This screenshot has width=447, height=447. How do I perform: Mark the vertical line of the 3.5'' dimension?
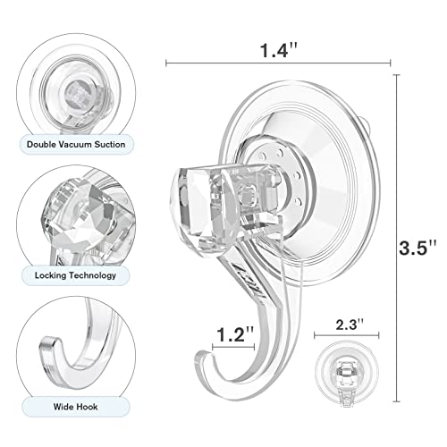(x=392, y=241)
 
